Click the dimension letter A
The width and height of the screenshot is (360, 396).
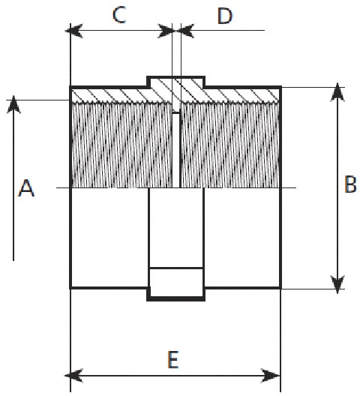point(26,188)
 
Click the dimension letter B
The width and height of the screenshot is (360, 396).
point(350,184)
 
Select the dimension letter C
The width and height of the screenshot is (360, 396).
point(119,15)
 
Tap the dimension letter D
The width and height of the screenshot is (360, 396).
point(224,16)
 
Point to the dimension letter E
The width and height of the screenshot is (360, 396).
point(173,360)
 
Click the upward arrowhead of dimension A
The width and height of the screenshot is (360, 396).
point(13,104)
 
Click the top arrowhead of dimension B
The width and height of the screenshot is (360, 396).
point(337,92)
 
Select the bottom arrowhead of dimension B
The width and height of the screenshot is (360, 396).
point(337,284)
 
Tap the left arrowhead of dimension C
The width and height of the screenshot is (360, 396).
point(73,31)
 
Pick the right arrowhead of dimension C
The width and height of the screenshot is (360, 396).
point(166,31)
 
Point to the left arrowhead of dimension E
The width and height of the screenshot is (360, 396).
point(73,376)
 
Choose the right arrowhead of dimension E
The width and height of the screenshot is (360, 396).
point(271,376)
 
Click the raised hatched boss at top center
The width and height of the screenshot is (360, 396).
point(176,82)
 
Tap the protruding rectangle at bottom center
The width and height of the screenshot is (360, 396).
point(176,294)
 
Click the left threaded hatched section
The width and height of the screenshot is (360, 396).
point(122,145)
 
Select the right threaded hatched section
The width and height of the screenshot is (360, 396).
point(230,145)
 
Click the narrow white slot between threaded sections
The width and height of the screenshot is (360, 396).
point(176,150)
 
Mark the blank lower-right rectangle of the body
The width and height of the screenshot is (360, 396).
point(241,238)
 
